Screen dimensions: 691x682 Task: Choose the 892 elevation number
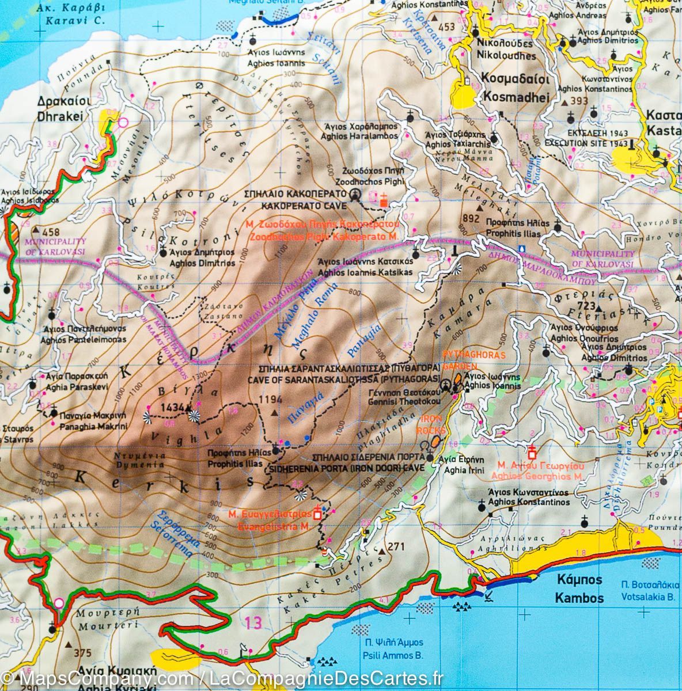(x=471, y=218)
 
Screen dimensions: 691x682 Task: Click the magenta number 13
(x=252, y=622)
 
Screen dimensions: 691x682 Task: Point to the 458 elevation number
(x=44, y=230)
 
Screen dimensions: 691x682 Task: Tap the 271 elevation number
(x=397, y=546)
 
